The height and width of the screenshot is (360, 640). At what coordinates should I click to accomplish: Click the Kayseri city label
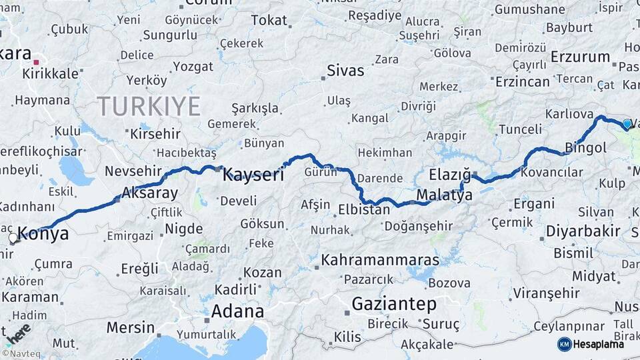pyautogui.click(x=253, y=175)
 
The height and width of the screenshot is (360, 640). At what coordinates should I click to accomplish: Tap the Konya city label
pyautogui.click(x=43, y=233)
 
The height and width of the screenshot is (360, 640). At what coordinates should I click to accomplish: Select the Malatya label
pyautogui.click(x=444, y=195)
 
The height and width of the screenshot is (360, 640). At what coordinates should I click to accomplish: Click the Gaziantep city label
pyautogui.click(x=394, y=305)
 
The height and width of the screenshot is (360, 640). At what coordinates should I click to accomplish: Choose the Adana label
pyautogui.click(x=237, y=311)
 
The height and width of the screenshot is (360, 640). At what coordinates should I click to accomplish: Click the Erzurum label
pyautogui.click(x=581, y=57)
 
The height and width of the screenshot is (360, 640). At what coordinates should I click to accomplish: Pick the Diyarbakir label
pyautogui.click(x=583, y=231)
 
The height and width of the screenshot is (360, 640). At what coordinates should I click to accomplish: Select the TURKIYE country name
pyautogui.click(x=149, y=106)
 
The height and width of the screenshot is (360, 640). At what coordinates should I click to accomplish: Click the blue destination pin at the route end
pyautogui.click(x=627, y=124)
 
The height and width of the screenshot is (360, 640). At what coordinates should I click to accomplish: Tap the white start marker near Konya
pyautogui.click(x=13, y=237)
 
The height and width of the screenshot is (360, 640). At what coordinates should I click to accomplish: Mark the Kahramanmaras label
pyautogui.click(x=381, y=260)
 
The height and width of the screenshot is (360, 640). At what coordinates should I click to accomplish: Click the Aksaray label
pyautogui.click(x=150, y=194)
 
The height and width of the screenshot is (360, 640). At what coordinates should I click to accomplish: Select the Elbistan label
pyautogui.click(x=363, y=209)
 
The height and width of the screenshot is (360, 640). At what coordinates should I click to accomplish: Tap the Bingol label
pyautogui.click(x=585, y=147)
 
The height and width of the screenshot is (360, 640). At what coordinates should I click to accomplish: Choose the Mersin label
pyautogui.click(x=131, y=328)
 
